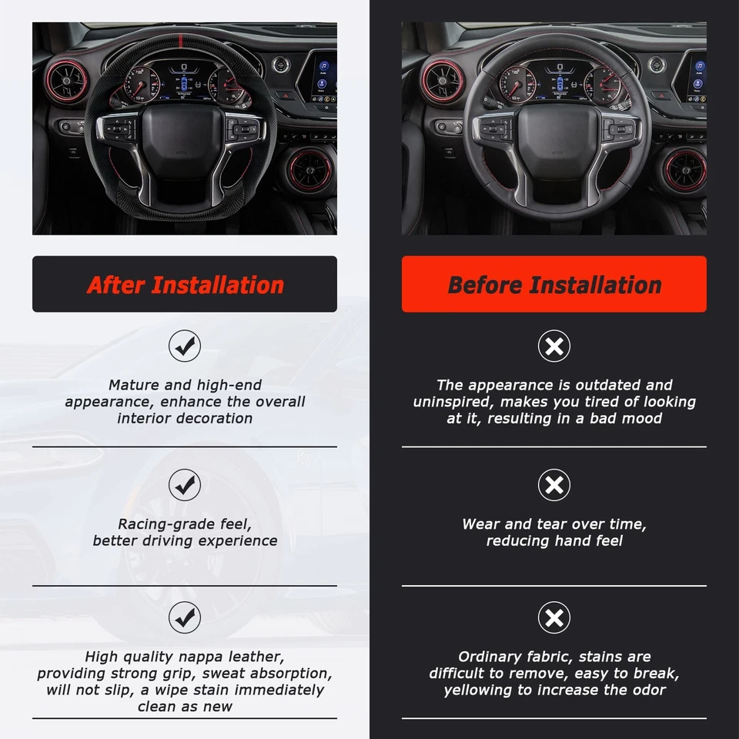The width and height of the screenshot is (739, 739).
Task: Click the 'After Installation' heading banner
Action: [185, 284]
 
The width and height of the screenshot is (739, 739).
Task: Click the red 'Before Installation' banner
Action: [553, 284]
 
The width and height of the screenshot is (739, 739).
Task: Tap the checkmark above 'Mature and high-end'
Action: [185, 346]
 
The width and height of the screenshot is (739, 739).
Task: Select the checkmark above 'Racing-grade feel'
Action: [185, 485]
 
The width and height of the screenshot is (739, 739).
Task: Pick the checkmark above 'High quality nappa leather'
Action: [185, 617]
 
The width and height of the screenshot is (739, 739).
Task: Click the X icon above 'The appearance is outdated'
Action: [553, 346]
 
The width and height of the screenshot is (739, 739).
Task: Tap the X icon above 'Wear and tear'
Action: [553, 485]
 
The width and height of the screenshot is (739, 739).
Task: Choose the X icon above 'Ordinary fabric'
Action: [553, 617]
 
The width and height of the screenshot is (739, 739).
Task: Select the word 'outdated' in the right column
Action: [604, 385]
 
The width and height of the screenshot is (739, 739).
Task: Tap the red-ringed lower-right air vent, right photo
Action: [684, 171]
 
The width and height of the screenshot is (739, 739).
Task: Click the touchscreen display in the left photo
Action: [324, 77]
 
